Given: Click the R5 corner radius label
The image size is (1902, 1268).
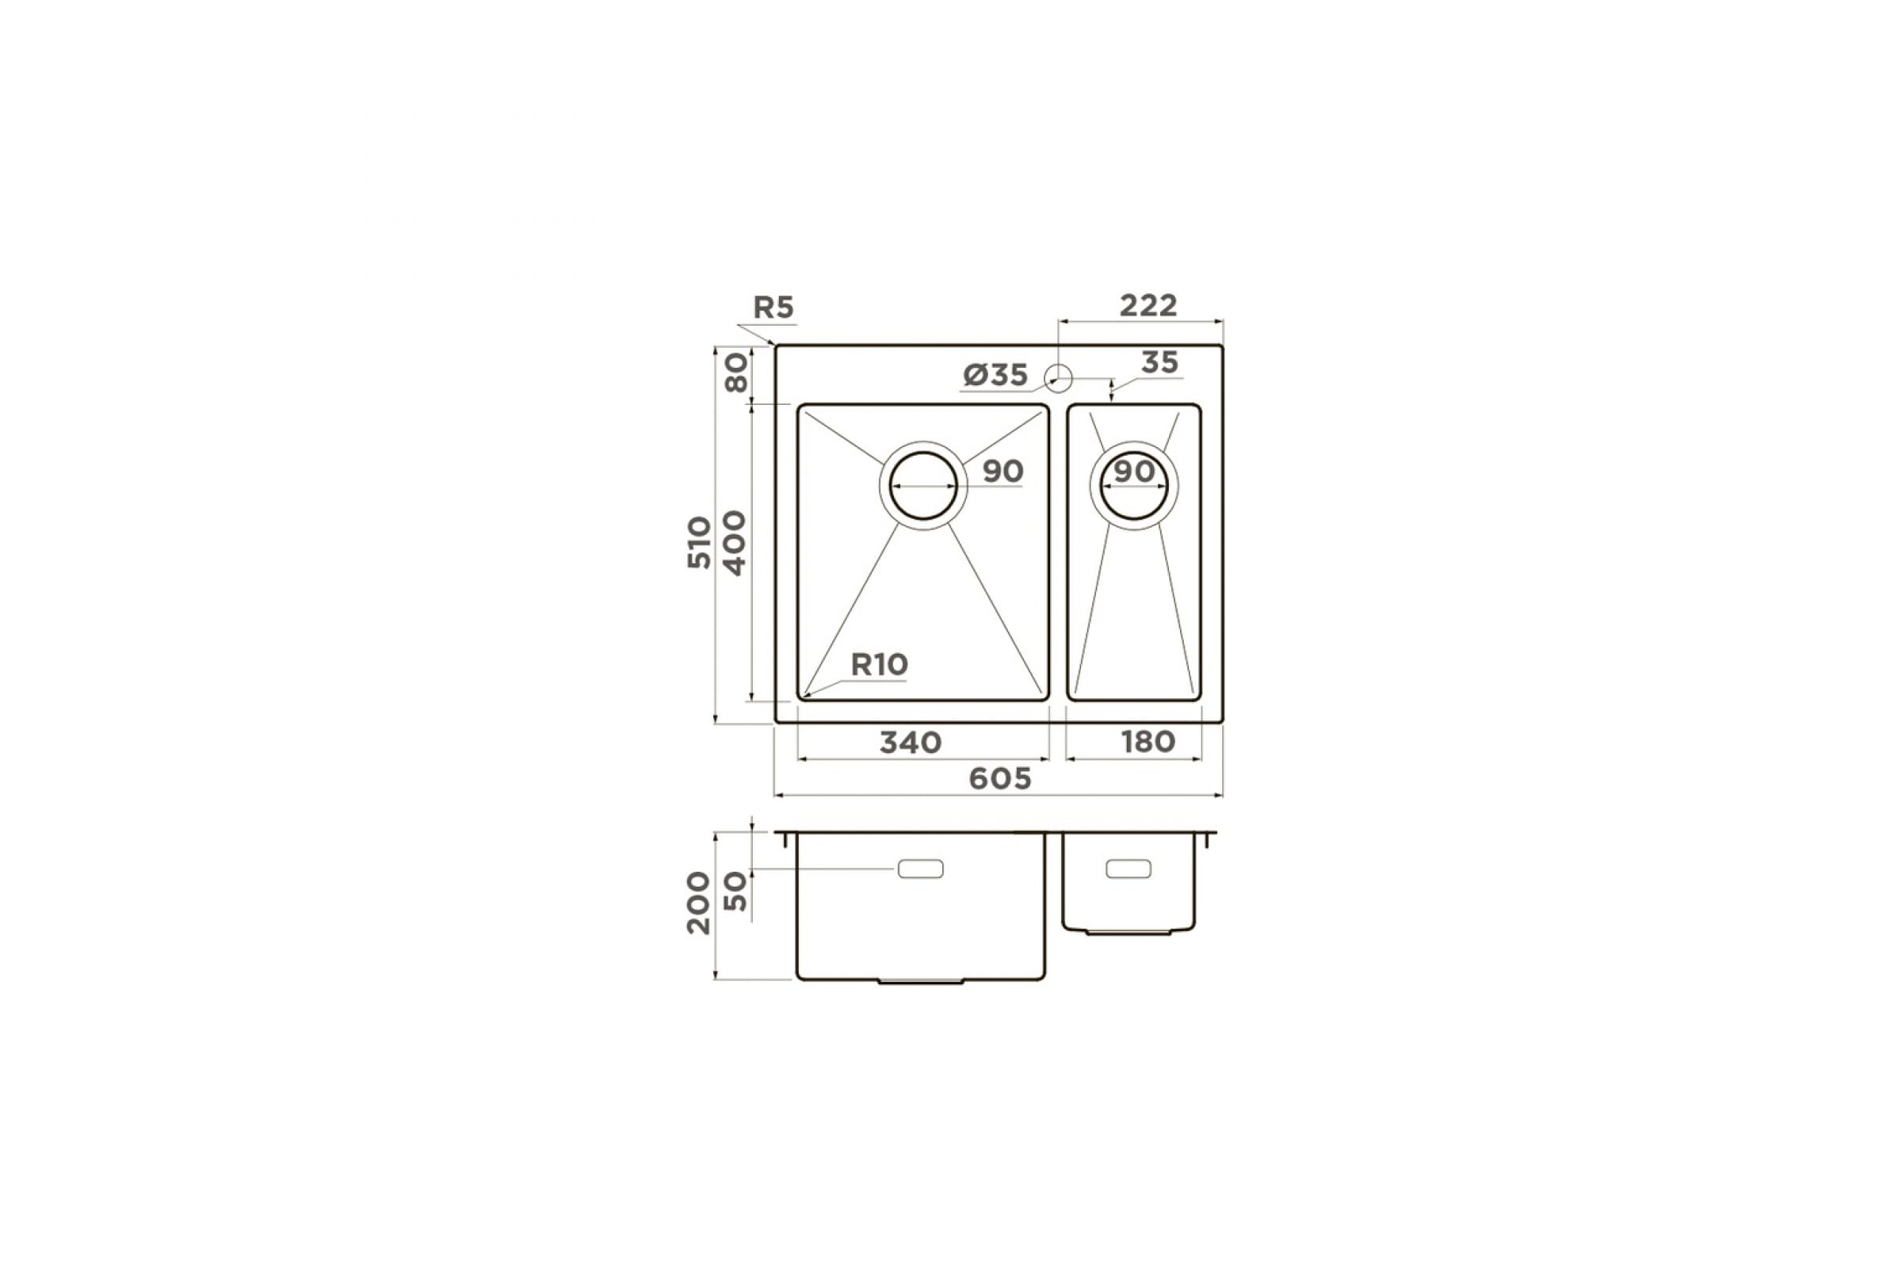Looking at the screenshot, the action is click(x=774, y=307).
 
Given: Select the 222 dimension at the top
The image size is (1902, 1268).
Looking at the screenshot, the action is click(x=1148, y=305).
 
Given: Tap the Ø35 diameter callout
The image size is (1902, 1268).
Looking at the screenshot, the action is click(x=995, y=374).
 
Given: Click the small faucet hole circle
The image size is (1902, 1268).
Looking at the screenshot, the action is click(x=1059, y=378).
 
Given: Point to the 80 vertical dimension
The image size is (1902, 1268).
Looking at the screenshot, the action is click(x=737, y=372).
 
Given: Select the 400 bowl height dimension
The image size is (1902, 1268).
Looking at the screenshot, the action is click(x=735, y=543).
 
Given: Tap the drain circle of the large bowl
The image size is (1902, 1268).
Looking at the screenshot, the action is click(x=922, y=485).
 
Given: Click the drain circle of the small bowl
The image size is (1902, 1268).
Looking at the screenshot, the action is click(x=1134, y=485).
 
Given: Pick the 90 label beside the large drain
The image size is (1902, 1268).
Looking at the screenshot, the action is click(x=1003, y=471).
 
